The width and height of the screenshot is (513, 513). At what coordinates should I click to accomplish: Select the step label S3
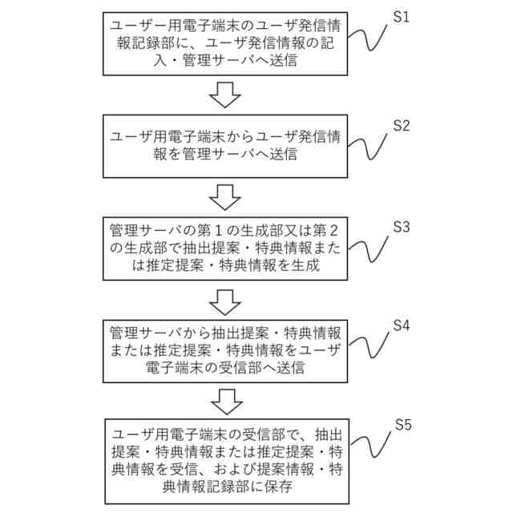coord(401,227)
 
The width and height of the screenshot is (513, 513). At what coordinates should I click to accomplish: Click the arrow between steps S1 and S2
coord(224,94)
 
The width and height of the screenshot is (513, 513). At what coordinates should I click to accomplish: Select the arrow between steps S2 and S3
coord(224,196)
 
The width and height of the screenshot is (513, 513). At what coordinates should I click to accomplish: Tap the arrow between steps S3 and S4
coord(224,301)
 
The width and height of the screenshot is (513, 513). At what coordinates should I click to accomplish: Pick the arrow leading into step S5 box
coord(224,400)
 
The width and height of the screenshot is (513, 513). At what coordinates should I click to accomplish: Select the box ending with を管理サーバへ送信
coord(224,145)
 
